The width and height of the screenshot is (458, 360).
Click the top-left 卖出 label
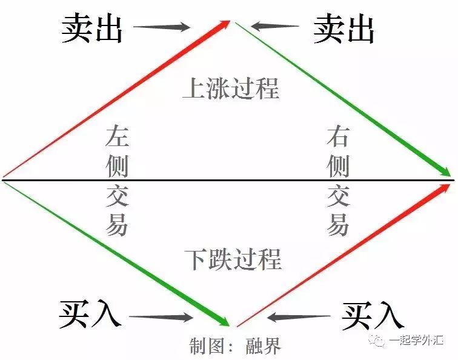[x=91, y=28]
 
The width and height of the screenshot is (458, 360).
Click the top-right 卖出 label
[x=343, y=28]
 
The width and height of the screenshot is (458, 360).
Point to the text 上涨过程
[x=231, y=88]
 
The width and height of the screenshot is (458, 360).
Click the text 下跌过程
[x=233, y=259]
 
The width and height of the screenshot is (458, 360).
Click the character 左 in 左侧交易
[x=116, y=136]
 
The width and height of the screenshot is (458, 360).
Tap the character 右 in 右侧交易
[x=338, y=136]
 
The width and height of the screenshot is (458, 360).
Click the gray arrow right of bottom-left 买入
[x=161, y=316]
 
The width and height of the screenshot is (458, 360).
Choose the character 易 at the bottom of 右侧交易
[x=338, y=225]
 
